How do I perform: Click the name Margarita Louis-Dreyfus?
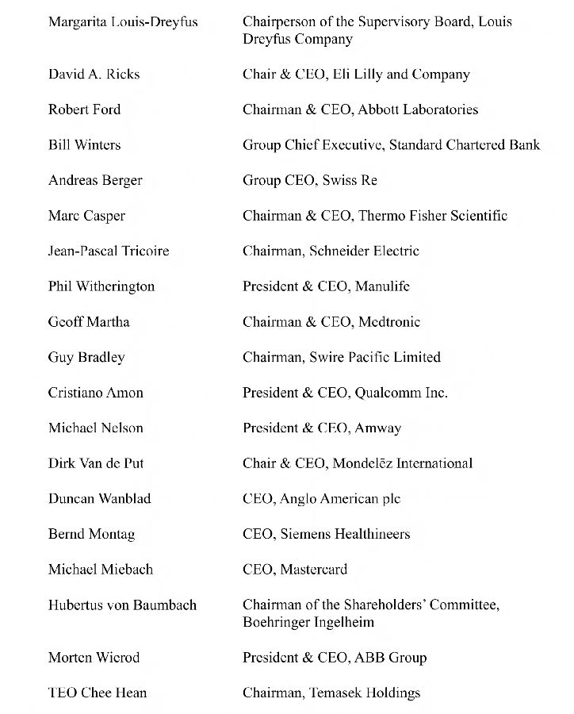[x=123, y=21]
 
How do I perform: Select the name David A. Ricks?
[x=94, y=75]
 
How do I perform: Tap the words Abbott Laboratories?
[x=418, y=109]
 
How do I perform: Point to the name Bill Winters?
[x=85, y=145]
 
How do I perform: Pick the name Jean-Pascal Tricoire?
[x=109, y=251]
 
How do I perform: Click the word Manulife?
[x=383, y=286]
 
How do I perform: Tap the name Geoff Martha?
[x=89, y=321]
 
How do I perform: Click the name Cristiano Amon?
[x=96, y=393]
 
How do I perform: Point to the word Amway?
[x=378, y=428]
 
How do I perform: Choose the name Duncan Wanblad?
[x=100, y=498]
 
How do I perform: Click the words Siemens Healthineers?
[x=345, y=534]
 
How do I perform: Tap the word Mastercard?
[x=314, y=569]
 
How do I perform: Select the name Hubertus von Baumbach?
[x=122, y=605]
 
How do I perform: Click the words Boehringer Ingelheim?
[x=308, y=623]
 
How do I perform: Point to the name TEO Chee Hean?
[x=98, y=693]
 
